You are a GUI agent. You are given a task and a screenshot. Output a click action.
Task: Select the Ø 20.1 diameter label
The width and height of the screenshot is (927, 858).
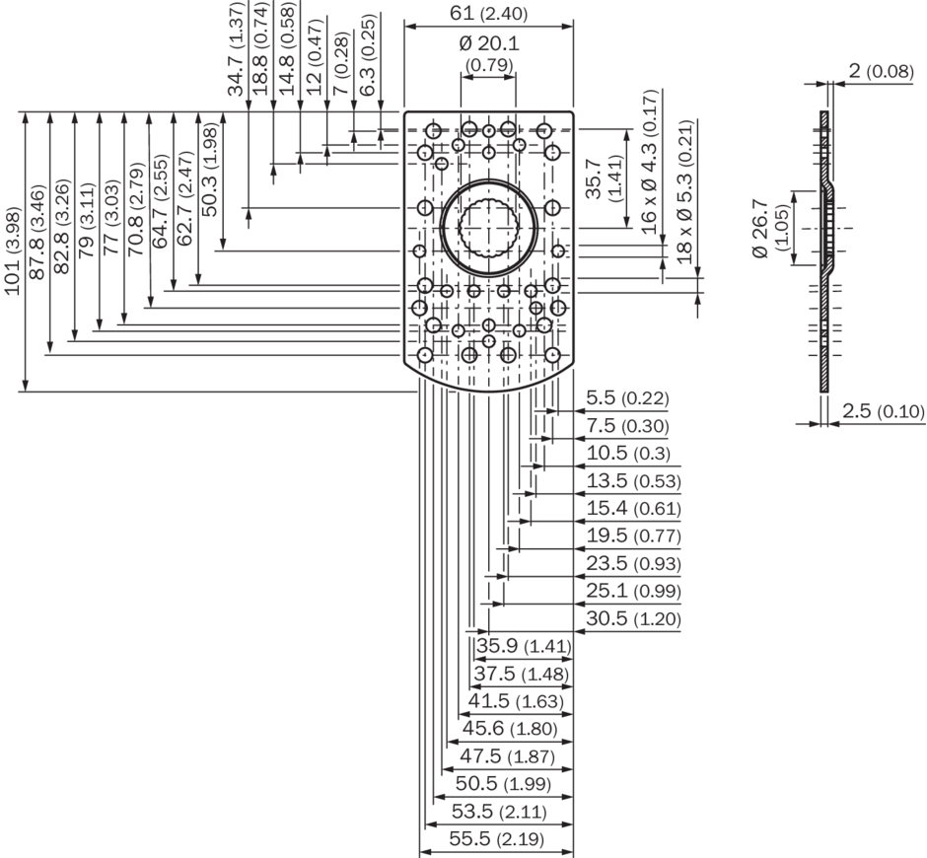(488, 44)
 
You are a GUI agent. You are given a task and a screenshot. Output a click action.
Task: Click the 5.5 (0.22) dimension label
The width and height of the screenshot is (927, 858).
(627, 398)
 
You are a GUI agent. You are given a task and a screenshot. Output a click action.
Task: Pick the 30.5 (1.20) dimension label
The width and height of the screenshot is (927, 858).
(627, 618)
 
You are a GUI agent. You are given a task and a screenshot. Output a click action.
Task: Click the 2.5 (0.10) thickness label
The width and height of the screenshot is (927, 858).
(884, 411)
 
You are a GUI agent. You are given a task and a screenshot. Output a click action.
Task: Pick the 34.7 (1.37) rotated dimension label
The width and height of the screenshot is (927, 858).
(237, 49)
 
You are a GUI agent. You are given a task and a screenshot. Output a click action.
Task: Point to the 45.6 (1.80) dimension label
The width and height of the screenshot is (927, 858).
(510, 729)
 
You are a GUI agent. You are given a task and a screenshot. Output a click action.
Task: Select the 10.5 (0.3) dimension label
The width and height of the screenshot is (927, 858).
(627, 454)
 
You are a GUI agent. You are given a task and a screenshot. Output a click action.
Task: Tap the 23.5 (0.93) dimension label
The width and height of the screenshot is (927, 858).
(627, 563)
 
